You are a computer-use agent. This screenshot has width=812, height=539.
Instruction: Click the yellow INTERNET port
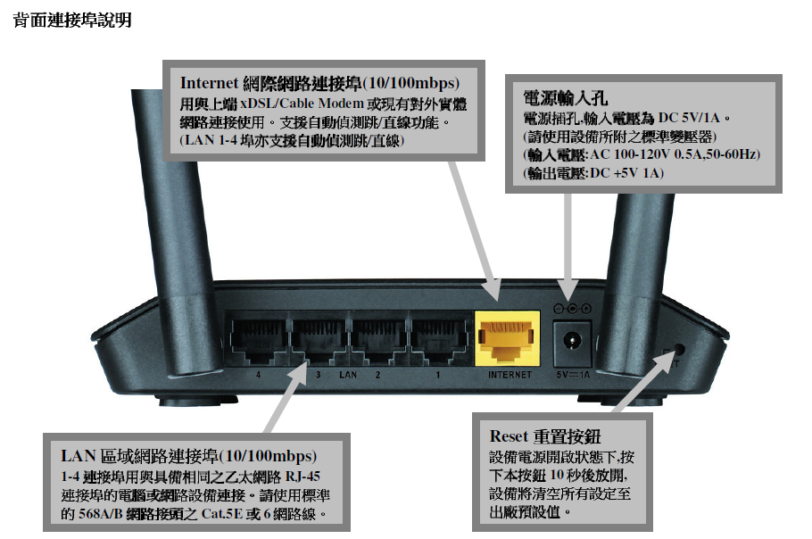[508, 338]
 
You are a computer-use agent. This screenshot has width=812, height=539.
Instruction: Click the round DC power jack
[572, 342]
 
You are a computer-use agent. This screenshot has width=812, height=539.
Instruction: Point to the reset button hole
[678, 350]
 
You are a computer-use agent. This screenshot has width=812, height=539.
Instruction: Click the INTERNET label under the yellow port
[510, 374]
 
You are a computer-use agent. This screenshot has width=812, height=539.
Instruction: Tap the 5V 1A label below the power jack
[573, 374]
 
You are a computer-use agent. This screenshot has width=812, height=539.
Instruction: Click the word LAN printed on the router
[348, 374]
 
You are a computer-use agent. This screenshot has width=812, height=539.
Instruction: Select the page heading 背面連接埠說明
[72, 21]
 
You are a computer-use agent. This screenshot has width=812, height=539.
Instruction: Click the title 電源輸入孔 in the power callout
[566, 97]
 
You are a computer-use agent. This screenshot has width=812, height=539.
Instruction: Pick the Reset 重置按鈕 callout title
[545, 436]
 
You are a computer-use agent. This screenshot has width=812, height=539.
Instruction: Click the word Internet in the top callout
[209, 83]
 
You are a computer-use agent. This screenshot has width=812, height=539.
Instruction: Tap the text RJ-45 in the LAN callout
[303, 477]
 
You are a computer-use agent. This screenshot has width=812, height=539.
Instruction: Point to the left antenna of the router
[175, 233]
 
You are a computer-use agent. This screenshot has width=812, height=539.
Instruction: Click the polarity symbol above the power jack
[572, 309]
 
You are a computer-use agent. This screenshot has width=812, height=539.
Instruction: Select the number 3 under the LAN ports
[318, 374]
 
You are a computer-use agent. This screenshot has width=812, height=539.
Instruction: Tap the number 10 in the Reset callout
[557, 475]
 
